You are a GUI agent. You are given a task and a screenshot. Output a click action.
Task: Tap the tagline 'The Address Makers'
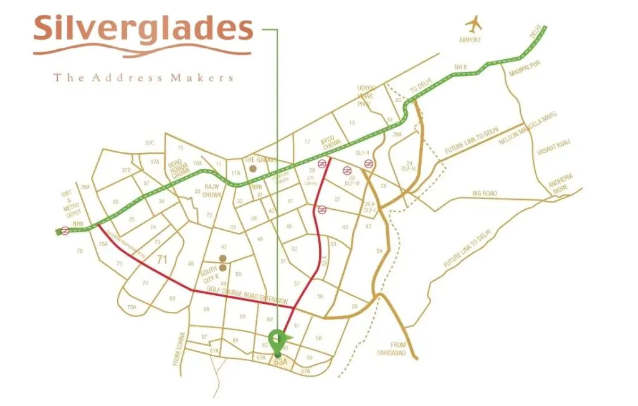pos(143,78)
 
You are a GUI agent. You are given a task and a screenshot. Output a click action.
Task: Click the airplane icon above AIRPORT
pos(475,25)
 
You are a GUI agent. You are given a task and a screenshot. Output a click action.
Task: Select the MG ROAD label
pos(485,194)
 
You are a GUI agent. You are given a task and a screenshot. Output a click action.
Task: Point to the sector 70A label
pos(131,307)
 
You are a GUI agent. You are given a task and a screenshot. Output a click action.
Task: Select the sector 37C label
pos(150,143)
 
